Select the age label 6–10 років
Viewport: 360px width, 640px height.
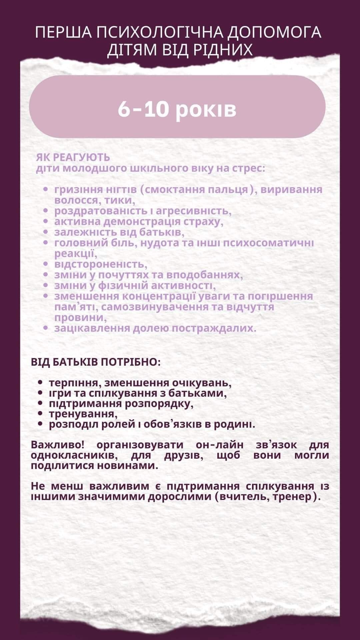tap(177, 109)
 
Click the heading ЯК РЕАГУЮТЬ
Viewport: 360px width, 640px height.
tap(73, 157)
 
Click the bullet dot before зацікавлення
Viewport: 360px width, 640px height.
tap(47, 328)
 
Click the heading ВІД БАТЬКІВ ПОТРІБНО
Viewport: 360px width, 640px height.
tap(96, 362)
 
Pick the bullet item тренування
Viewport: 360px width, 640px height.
tap(83, 414)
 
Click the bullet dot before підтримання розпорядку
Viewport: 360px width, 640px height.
tap(41, 403)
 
